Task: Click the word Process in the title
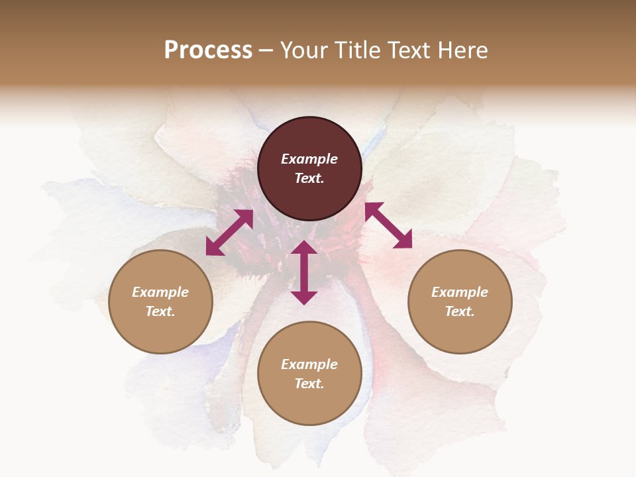(208, 50)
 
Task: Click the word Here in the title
(462, 50)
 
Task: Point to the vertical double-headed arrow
(304, 272)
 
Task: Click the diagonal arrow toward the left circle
(229, 233)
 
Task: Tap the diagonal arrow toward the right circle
(388, 225)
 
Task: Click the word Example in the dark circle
(309, 159)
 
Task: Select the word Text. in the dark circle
(309, 178)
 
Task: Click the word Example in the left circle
(160, 292)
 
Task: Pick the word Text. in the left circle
(160, 311)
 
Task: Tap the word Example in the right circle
(460, 292)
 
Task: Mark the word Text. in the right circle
(460, 311)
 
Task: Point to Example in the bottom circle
(309, 364)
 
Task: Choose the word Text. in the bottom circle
(309, 384)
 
